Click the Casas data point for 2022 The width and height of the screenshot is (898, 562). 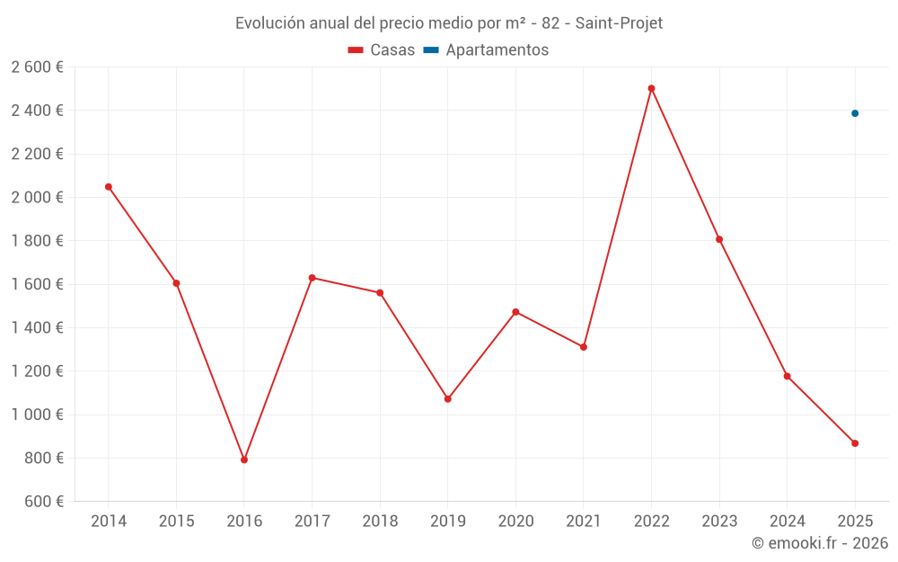[651, 88]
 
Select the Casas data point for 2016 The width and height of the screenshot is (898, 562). [244, 459]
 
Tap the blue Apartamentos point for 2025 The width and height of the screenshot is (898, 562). [855, 113]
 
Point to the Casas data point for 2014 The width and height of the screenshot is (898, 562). [109, 187]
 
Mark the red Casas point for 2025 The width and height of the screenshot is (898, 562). [855, 443]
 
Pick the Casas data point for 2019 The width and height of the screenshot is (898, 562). [448, 398]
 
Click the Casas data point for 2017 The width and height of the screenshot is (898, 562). [312, 278]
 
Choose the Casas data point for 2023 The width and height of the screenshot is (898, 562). [719, 239]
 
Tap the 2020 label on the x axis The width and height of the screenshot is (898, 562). [515, 522]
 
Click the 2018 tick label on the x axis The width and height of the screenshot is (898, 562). [380, 522]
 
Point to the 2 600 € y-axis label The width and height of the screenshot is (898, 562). [38, 67]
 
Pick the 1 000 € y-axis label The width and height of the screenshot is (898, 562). [38, 415]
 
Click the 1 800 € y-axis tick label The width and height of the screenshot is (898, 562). [38, 241]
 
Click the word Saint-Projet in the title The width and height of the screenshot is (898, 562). [619, 23]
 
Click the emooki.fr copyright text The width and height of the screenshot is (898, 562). [819, 543]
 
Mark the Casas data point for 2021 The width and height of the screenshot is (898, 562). [584, 347]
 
